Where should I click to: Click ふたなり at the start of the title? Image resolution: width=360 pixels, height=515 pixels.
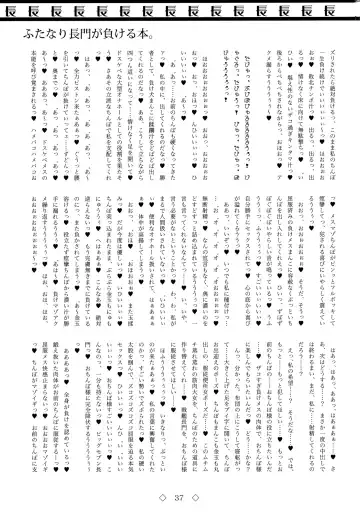coord(49,34)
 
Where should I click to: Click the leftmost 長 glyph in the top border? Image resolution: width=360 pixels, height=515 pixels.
coord(28,12)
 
